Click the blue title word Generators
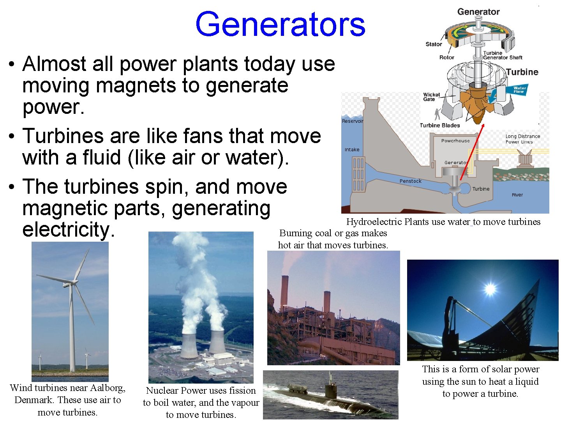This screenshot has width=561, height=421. [280, 24]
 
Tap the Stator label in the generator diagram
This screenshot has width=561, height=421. [434, 44]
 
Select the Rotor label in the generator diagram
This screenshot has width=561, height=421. [446, 57]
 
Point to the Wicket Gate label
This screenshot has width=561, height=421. [431, 97]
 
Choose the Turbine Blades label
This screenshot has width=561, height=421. [440, 125]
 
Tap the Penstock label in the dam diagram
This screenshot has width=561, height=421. [410, 181]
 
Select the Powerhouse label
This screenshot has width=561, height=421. [455, 141]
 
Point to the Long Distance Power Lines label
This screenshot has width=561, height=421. [522, 139]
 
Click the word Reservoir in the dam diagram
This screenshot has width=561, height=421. [353, 121]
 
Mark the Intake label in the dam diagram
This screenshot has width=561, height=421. [352, 150]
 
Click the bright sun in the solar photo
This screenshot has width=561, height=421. [490, 289]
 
